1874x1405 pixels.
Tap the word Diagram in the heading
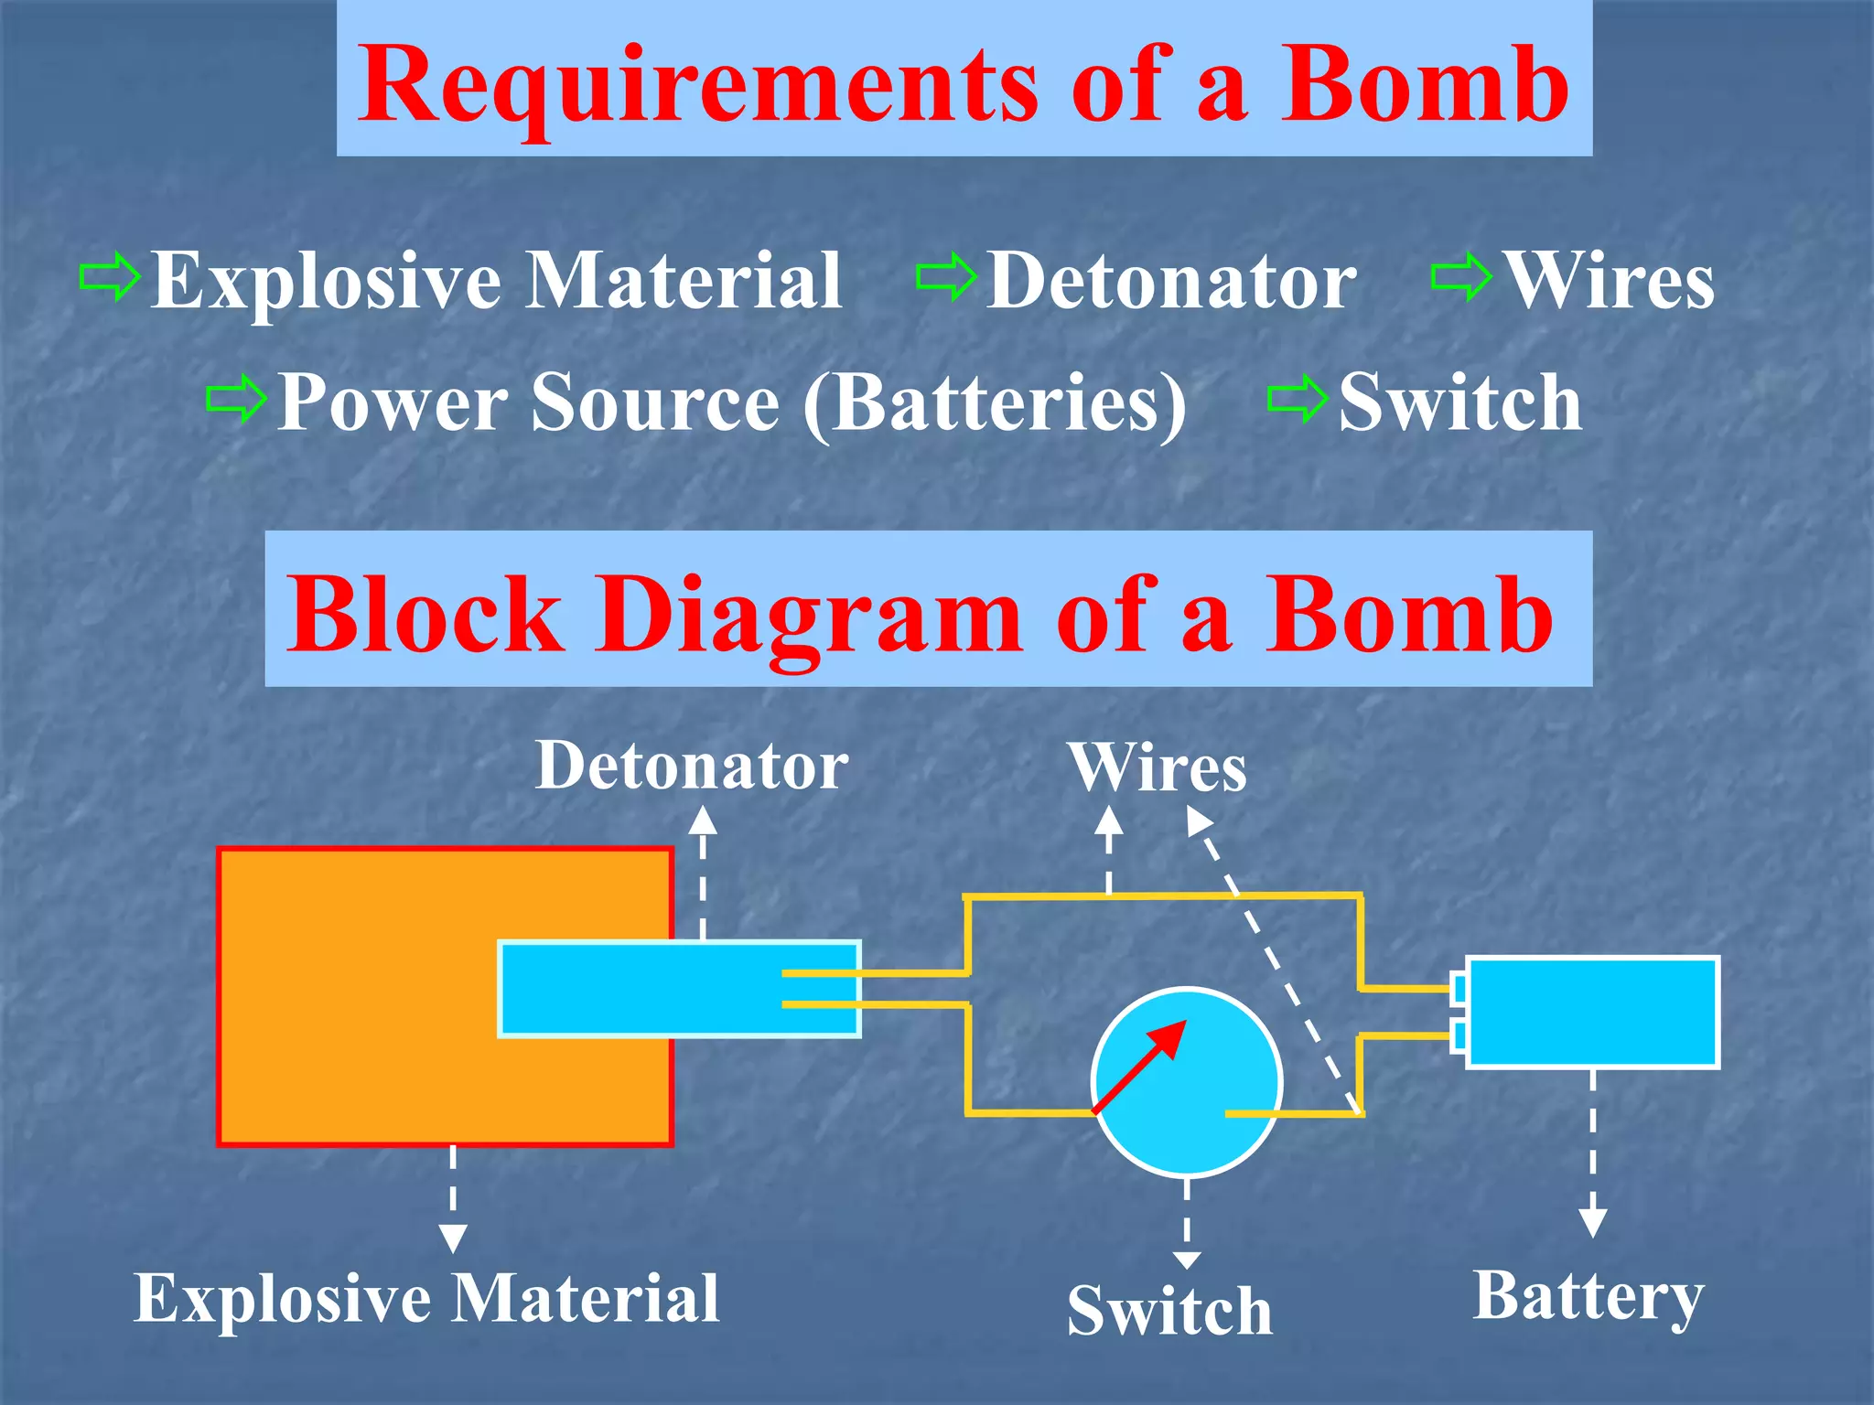[809, 615]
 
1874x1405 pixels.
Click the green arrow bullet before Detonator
[947, 277]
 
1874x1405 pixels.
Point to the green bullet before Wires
[1461, 277]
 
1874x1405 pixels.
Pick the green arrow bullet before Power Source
[236, 399]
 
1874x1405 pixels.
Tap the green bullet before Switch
[1298, 399]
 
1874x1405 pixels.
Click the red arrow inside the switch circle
[1140, 1066]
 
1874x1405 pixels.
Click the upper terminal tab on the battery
[1459, 988]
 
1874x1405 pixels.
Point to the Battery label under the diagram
[1588, 1297]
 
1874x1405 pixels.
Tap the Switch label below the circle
[1169, 1310]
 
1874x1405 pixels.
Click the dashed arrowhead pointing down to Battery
[1593, 1222]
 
